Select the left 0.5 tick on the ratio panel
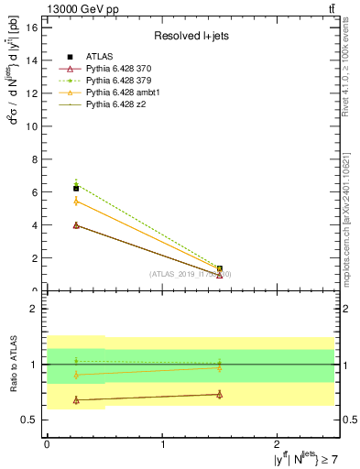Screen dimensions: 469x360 [30, 420]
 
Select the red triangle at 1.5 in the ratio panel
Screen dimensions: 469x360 [220, 394]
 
